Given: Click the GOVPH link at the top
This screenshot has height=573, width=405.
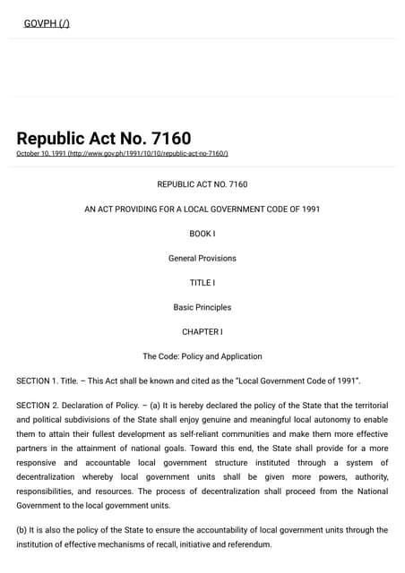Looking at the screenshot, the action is point(46,23).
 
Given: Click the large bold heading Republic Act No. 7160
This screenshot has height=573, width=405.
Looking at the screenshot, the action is point(103,139).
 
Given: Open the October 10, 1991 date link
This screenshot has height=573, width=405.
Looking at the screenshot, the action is point(122,154).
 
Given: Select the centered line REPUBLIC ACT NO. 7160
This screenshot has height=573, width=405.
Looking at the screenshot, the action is point(202,184).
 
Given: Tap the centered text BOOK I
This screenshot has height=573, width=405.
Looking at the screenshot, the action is point(202,234).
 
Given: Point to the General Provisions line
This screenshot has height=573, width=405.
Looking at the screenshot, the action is point(202,259).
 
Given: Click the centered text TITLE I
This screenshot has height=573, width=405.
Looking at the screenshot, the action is point(202,283).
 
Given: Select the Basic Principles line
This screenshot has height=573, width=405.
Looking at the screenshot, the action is point(202,307).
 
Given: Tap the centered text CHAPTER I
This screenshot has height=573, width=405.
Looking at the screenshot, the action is point(202,332).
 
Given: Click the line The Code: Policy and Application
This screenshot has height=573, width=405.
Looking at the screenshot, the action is point(202,356).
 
